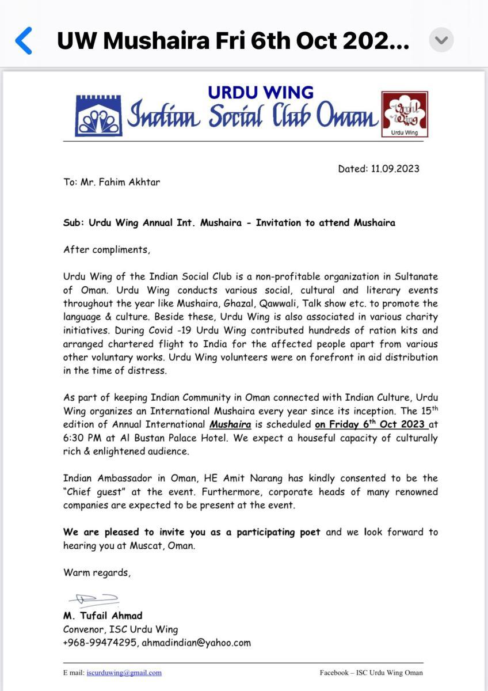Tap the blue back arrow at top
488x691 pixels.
(24, 41)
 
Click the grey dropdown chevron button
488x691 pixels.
(441, 41)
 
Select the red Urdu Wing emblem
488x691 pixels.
(405, 114)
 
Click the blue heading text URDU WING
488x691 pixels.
(261, 92)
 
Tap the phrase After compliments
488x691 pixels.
(106, 249)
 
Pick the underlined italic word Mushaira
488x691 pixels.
(230, 425)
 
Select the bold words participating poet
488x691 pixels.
(273, 532)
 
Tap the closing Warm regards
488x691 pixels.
(97, 572)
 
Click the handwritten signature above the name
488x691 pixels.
(93, 601)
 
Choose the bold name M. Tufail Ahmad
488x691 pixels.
(102, 616)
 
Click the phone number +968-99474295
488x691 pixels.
(99, 643)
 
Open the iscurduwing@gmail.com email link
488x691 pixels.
(124, 673)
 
